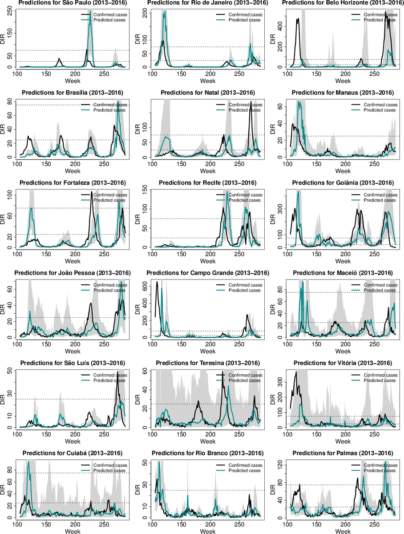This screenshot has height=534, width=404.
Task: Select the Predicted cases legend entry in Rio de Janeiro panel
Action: (x=247, y=20)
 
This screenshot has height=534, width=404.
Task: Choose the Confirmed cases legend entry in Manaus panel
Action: (x=380, y=105)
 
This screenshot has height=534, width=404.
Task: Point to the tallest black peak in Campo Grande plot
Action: (x=157, y=282)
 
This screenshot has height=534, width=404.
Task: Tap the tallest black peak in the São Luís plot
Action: (x=117, y=372)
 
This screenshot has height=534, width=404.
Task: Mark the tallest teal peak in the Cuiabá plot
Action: (x=29, y=462)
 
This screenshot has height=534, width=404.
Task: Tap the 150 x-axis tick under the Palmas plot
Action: (x=316, y=524)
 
